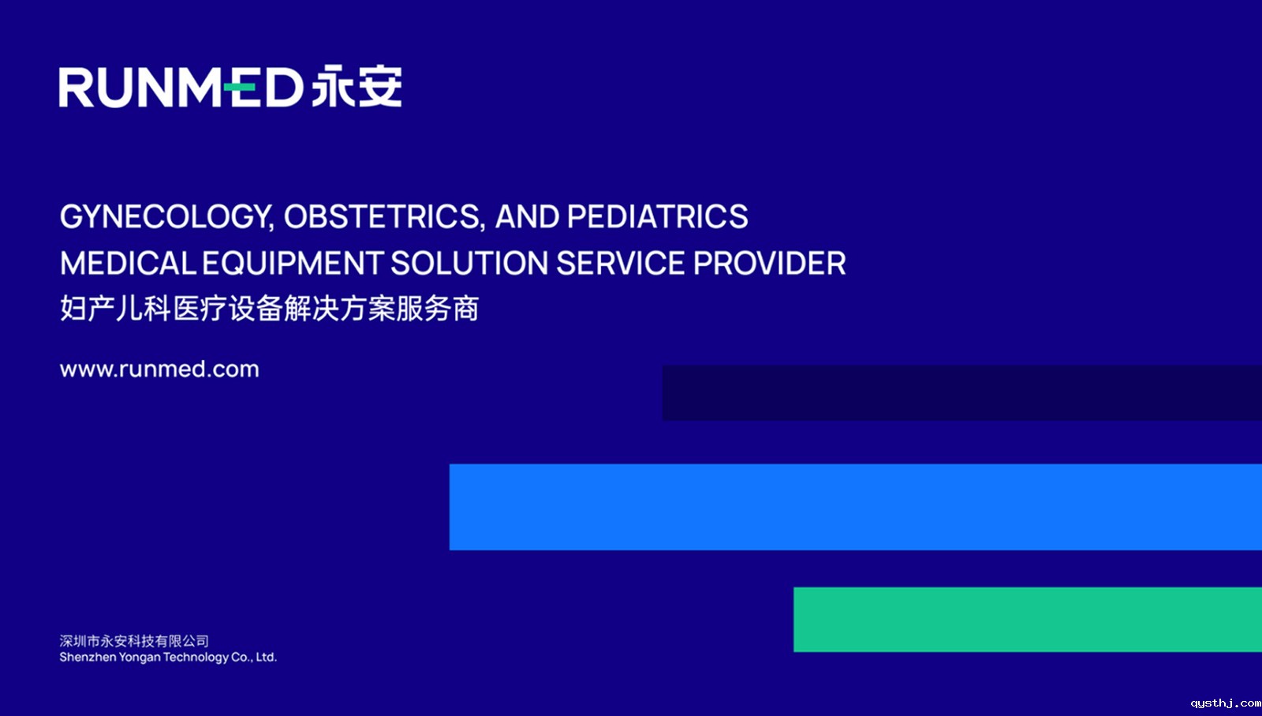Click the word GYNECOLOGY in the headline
coord(166,217)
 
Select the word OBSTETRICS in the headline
coord(384,217)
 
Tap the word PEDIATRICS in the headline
coord(658,216)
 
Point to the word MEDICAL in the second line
coord(128,264)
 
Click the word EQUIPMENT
coord(293,264)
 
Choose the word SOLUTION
coord(469,264)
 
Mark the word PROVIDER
coord(770,264)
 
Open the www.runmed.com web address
coord(159,369)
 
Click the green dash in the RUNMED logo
coord(240,87)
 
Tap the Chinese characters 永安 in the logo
coord(357,86)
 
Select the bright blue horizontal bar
coord(856,507)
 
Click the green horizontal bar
coord(1028,620)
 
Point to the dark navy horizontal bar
coord(962,393)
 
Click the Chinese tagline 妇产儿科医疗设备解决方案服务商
coord(269,309)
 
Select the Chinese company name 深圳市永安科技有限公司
coord(134,641)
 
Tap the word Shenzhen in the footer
coord(88,658)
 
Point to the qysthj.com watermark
coord(1226,703)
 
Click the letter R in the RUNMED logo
coord(76,88)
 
